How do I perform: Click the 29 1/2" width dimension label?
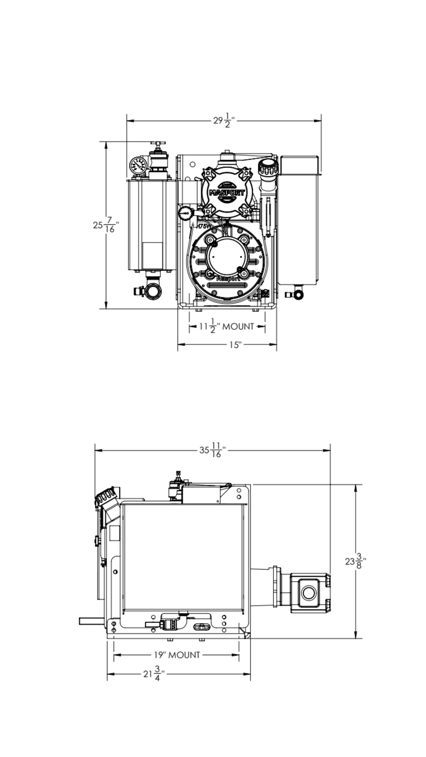click(224, 120)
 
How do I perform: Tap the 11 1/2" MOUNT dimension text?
click(227, 326)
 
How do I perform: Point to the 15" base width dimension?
click(235, 344)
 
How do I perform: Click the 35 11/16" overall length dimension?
click(212, 450)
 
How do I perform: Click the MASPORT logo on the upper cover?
click(227, 193)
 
